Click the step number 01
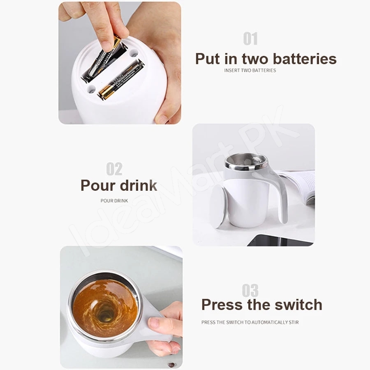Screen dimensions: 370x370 [x=250, y=39]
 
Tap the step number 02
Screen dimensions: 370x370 [x=114, y=169]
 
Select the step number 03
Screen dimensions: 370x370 [x=250, y=291]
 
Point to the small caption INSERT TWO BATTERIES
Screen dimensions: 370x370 [x=250, y=70]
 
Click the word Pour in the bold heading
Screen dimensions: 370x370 [x=98, y=185]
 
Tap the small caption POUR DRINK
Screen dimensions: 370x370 [x=114, y=201]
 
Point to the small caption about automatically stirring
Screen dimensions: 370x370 [x=250, y=322]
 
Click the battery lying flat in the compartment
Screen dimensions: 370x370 [x=121, y=79]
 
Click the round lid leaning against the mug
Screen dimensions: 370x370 [x=218, y=206]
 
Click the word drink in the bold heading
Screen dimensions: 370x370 [x=139, y=185]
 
